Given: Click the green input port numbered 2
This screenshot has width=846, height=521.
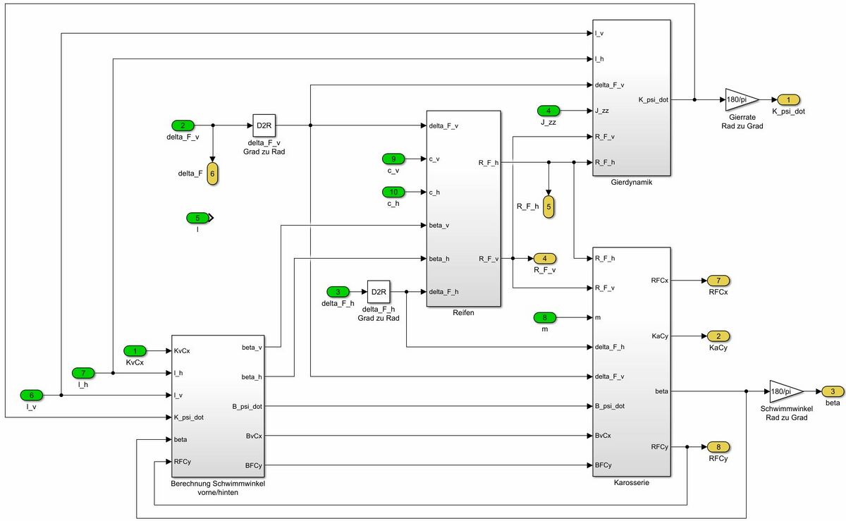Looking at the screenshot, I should click(x=183, y=125).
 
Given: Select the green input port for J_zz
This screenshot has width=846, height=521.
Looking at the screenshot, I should click(x=548, y=111).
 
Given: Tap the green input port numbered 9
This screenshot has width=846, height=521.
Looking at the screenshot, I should click(x=393, y=159).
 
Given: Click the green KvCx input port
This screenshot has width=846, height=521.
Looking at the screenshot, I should click(x=135, y=350).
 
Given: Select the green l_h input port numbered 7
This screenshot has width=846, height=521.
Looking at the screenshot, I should click(x=83, y=372).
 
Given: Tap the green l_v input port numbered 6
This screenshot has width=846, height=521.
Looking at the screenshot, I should click(x=32, y=395).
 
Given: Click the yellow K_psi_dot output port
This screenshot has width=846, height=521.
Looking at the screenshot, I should click(x=788, y=99).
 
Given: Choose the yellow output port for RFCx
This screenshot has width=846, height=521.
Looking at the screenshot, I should click(x=718, y=281).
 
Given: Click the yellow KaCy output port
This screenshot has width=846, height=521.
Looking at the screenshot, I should click(x=718, y=336).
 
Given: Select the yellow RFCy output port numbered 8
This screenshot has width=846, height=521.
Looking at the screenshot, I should click(x=718, y=447).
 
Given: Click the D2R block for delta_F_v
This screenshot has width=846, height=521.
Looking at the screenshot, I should click(x=264, y=125).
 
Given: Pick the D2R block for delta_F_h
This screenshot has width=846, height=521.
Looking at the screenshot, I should click(x=379, y=291).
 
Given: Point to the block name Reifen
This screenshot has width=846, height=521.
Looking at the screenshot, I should click(x=463, y=312).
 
